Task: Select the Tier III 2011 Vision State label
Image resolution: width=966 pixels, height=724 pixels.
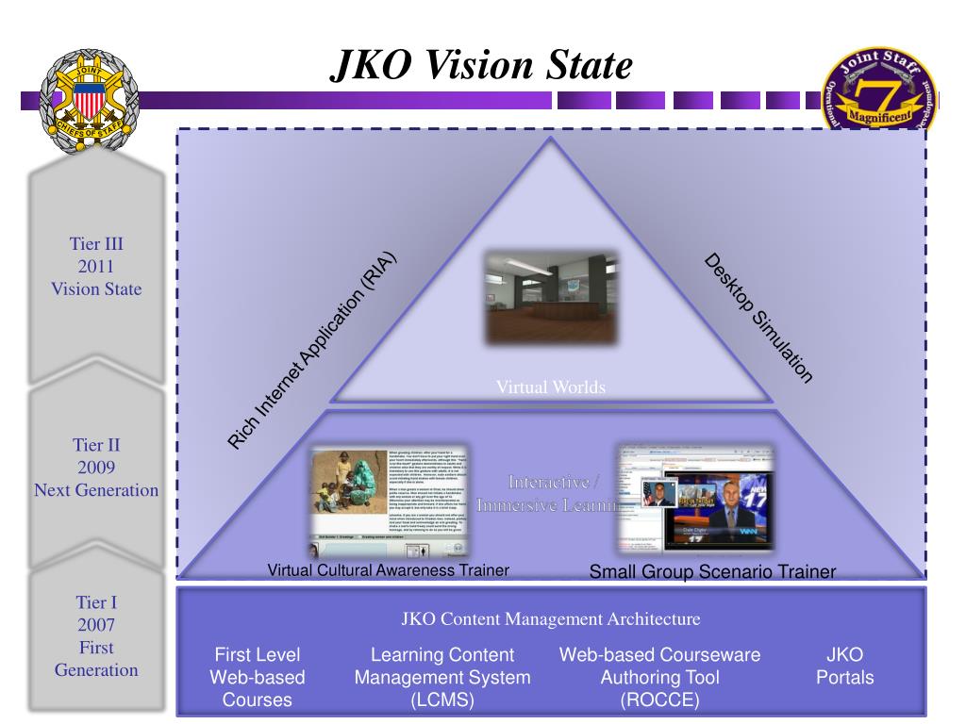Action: [96, 267]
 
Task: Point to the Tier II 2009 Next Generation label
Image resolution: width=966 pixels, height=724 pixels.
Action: [96, 468]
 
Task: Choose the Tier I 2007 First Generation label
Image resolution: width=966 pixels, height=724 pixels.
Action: [96, 635]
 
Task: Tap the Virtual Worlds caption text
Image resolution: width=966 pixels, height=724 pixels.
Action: [551, 387]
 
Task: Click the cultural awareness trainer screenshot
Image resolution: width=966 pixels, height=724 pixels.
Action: [390, 501]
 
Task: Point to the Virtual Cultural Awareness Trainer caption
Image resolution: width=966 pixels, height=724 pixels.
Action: [389, 569]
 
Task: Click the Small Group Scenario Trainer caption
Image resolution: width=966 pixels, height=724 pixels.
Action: [712, 571]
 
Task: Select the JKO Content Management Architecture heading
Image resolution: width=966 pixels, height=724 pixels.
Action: [551, 619]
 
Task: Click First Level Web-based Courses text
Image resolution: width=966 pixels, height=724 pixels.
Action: [258, 677]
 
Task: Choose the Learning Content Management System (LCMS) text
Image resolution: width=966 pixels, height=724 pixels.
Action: [442, 677]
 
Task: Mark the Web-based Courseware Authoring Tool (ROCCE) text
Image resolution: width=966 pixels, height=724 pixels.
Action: [659, 677]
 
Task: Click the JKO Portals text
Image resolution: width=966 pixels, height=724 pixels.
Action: [844, 666]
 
